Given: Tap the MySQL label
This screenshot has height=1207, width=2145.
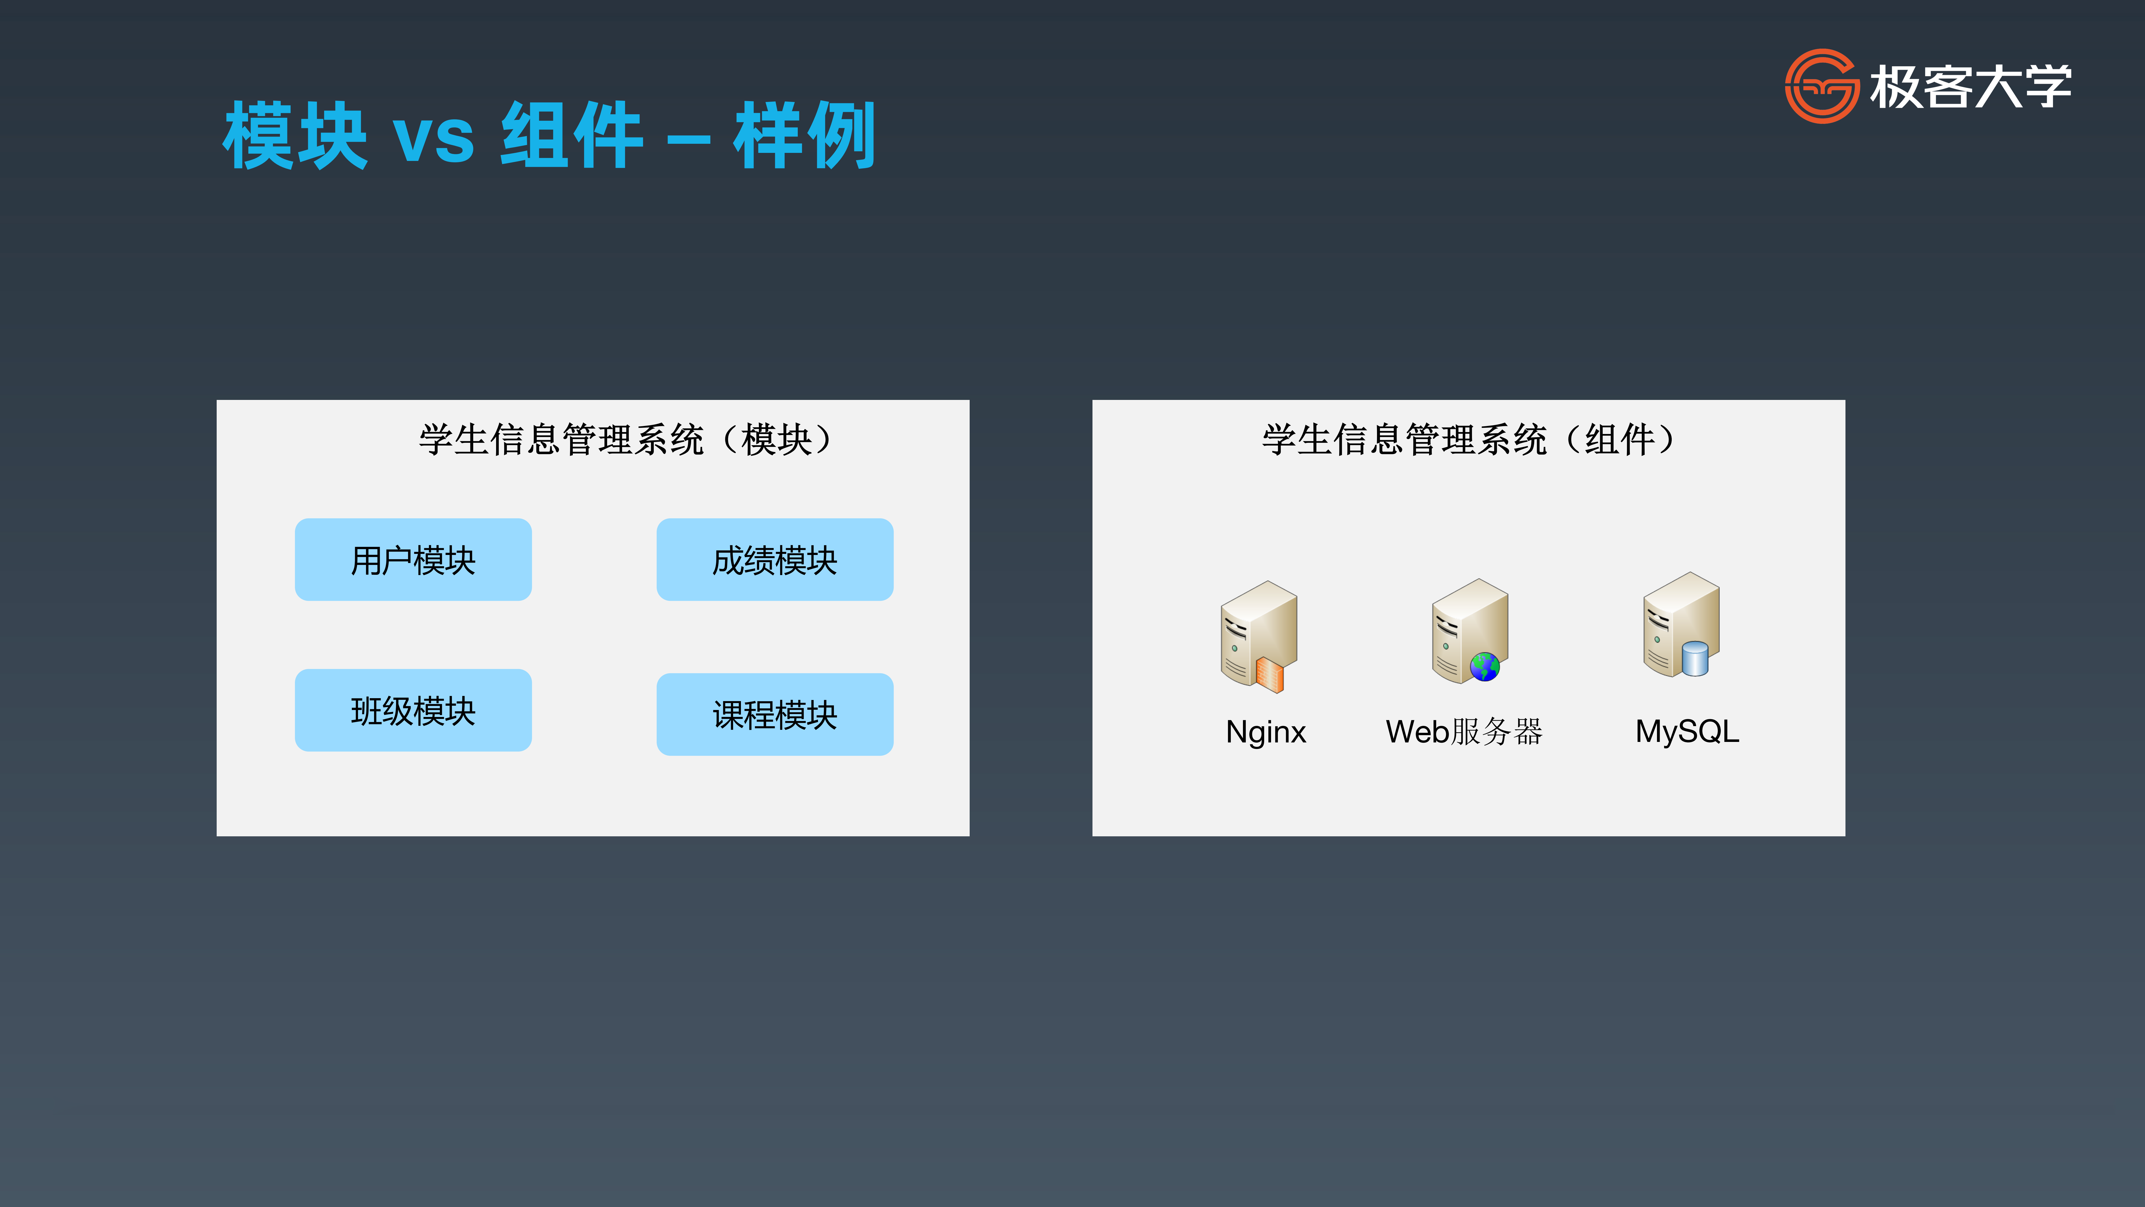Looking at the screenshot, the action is pyautogui.click(x=1687, y=731).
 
